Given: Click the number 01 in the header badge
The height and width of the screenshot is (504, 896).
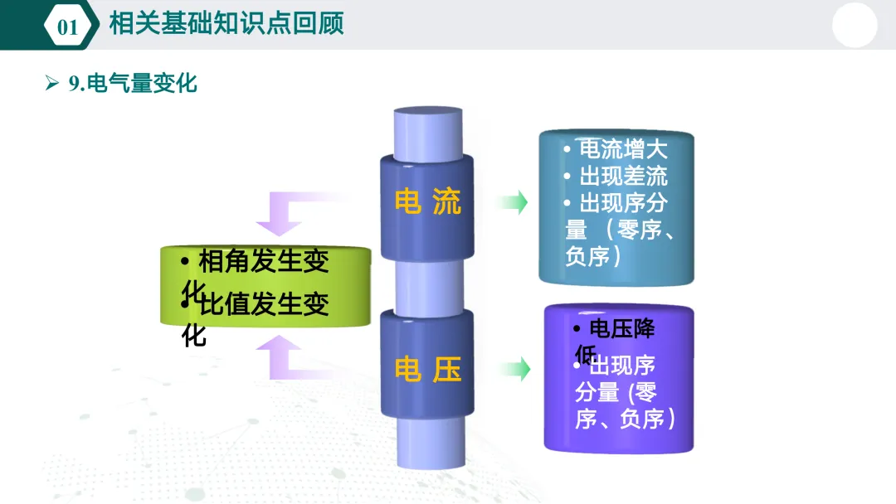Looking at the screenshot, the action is click(67, 27).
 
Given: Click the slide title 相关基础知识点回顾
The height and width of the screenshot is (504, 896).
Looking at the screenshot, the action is click(226, 23).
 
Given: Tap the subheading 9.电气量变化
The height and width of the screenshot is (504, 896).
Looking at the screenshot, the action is click(133, 83).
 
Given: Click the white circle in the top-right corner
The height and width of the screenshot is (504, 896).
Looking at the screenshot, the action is click(854, 25).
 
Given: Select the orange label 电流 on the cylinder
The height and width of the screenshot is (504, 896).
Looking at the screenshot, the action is click(427, 202).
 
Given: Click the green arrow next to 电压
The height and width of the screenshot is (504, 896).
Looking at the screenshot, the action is click(514, 369).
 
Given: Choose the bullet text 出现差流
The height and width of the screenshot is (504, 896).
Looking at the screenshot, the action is click(622, 177).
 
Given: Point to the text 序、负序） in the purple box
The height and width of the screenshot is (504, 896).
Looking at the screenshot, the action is click(626, 419).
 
